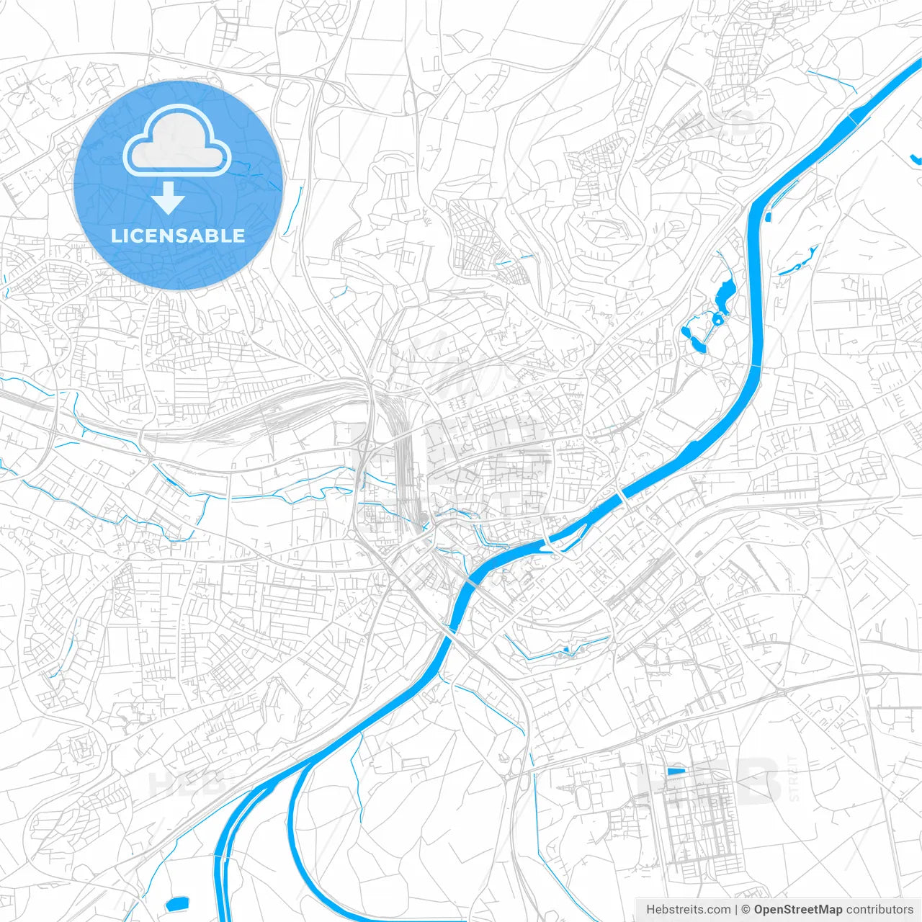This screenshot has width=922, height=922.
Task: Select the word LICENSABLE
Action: point(178,236)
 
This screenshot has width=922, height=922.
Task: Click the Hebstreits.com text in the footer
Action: point(688,910)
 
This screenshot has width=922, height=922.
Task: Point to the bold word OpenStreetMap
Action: point(798,910)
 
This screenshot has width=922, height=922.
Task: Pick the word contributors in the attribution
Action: point(880,910)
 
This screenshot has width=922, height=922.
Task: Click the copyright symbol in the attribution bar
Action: point(746,910)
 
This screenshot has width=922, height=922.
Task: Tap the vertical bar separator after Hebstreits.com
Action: point(736,910)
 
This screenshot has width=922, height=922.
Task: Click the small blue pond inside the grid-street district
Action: point(676,771)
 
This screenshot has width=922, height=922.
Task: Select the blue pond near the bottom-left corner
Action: point(176,903)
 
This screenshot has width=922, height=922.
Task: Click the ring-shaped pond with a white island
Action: point(717,318)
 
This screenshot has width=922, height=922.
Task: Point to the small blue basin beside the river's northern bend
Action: point(769,215)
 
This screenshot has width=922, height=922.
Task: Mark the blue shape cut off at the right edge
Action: point(916,159)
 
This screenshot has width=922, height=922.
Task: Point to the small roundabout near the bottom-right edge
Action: point(900,800)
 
